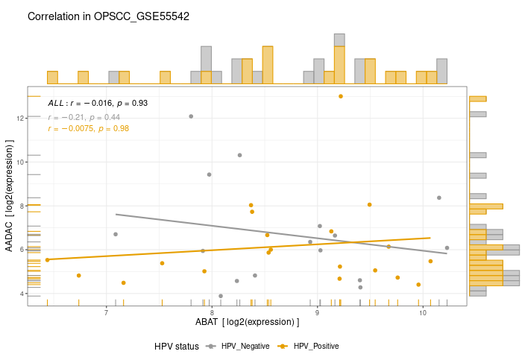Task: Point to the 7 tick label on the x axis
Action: click(x=106, y=312)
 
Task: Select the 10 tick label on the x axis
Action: click(x=423, y=312)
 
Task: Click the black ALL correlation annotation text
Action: click(x=98, y=103)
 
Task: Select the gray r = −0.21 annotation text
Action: click(x=84, y=117)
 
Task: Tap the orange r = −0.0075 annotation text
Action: click(x=88, y=129)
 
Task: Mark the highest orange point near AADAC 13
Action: click(x=341, y=96)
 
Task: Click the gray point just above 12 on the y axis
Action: click(x=191, y=116)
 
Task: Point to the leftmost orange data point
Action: click(x=47, y=260)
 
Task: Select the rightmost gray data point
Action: click(x=447, y=248)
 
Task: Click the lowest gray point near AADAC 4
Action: click(x=221, y=296)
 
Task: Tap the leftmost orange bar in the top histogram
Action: click(x=52, y=78)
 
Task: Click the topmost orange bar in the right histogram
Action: click(x=478, y=98)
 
